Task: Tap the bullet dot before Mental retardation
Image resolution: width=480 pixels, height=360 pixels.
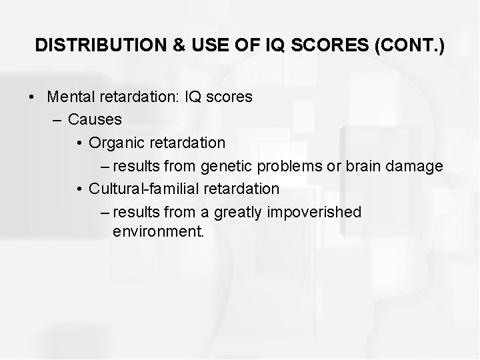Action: pyautogui.click(x=32, y=97)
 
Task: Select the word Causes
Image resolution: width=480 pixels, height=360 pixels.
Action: pyautogui.click(x=95, y=119)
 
